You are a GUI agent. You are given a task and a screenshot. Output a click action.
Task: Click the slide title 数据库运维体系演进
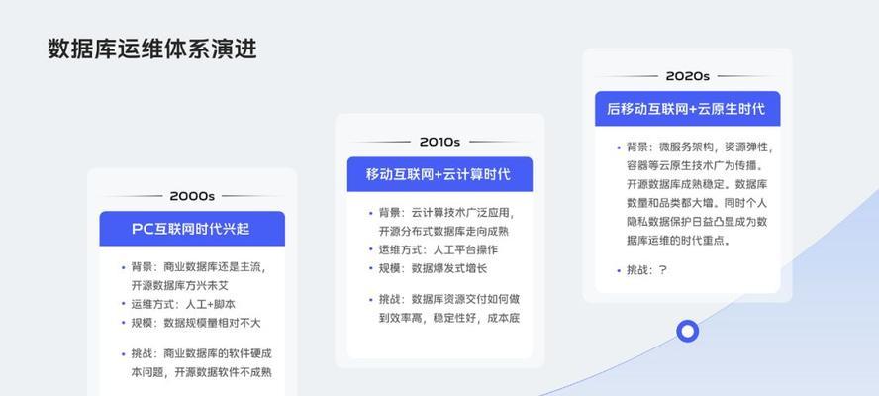click(x=152, y=49)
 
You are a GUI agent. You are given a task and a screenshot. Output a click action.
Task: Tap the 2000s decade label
click(x=192, y=196)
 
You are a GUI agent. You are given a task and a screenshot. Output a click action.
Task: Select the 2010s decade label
click(x=439, y=142)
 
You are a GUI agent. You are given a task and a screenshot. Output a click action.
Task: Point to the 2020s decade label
click(x=687, y=76)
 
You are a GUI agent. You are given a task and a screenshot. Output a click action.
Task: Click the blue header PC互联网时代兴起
click(x=191, y=229)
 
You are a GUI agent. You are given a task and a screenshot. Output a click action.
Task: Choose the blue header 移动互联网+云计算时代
click(x=439, y=174)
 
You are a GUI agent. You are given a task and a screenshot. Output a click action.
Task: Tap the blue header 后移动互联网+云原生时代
click(x=686, y=109)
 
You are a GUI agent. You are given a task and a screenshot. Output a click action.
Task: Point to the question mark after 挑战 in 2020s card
click(x=662, y=270)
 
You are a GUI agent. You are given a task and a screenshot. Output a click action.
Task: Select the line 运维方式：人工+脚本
click(x=183, y=304)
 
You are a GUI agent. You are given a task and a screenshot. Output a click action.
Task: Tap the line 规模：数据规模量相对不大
click(x=196, y=323)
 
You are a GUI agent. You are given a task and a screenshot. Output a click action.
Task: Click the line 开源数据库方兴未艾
click(x=180, y=285)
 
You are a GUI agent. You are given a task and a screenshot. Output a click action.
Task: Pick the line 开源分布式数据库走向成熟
click(x=444, y=231)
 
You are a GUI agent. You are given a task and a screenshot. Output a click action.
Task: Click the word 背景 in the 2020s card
click(x=637, y=148)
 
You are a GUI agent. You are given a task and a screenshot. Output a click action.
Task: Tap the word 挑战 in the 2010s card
click(x=390, y=299)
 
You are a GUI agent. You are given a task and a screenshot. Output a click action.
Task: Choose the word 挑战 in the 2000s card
click(x=142, y=354)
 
